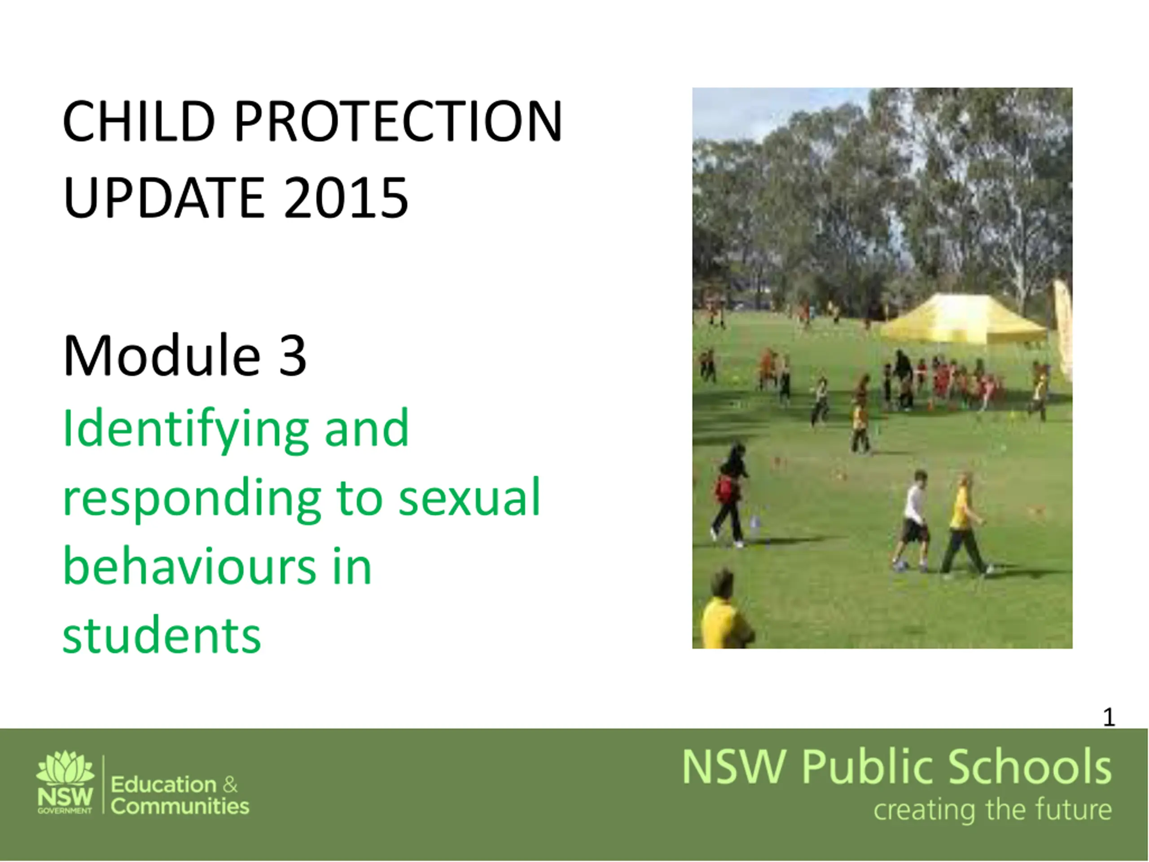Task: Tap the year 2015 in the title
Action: pos(346,198)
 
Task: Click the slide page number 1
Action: pos(1109,717)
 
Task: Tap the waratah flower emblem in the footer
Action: pos(66,766)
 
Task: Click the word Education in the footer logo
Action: pos(164,785)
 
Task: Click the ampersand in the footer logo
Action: pos(230,785)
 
